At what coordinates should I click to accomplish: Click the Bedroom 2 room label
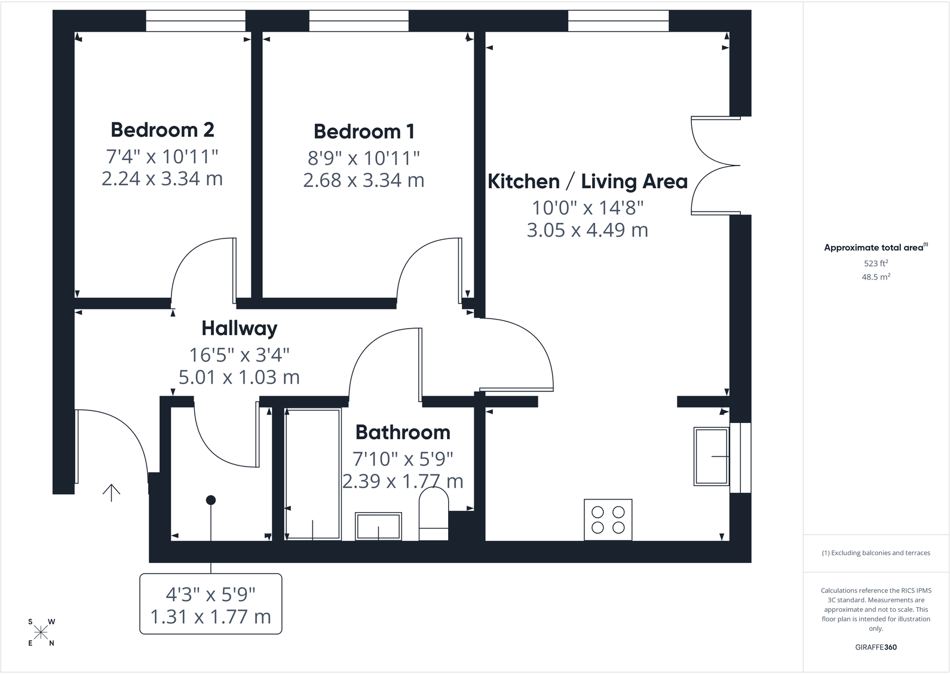click(163, 130)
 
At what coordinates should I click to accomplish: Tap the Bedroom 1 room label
click(364, 131)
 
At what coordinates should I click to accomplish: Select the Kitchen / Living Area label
click(587, 182)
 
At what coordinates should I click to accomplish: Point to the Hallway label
click(239, 328)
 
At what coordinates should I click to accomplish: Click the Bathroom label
click(403, 432)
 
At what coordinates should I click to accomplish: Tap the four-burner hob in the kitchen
click(608, 520)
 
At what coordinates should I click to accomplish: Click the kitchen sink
click(712, 457)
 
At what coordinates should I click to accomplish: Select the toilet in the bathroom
click(433, 514)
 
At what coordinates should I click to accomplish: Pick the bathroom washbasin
click(378, 526)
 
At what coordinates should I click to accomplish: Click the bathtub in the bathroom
click(313, 474)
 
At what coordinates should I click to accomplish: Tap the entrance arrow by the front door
click(111, 493)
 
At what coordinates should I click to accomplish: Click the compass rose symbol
click(41, 632)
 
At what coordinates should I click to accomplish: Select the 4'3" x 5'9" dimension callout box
click(211, 604)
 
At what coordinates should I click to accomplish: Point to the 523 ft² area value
click(876, 264)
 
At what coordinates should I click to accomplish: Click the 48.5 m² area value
click(876, 277)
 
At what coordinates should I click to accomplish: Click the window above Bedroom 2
click(195, 21)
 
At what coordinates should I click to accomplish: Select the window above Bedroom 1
click(359, 21)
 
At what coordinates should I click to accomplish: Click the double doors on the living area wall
click(716, 166)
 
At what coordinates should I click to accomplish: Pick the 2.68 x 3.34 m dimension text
click(364, 180)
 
